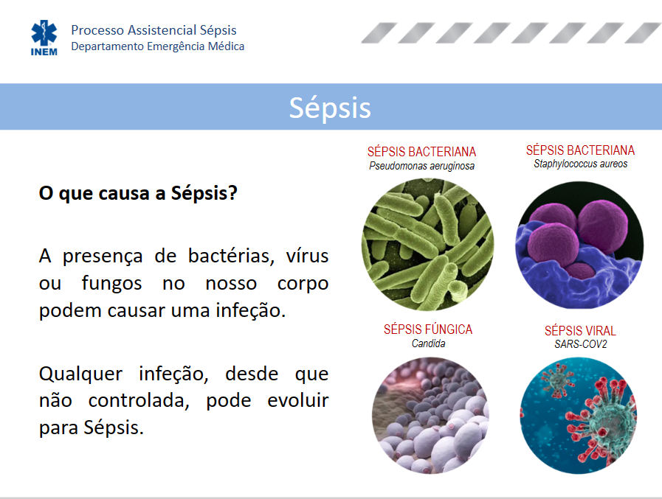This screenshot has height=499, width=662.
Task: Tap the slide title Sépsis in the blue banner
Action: pyautogui.click(x=330, y=108)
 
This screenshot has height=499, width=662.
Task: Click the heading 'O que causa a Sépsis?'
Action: pyautogui.click(x=138, y=194)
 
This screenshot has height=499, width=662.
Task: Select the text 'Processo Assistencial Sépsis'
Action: pyautogui.click(x=154, y=30)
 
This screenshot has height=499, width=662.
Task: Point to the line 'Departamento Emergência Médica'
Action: pyautogui.click(x=157, y=46)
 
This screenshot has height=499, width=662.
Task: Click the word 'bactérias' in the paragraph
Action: pyautogui.click(x=231, y=257)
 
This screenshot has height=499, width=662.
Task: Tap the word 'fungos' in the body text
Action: pyautogui.click(x=112, y=284)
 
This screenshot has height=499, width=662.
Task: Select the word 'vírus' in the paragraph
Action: pyautogui.click(x=307, y=257)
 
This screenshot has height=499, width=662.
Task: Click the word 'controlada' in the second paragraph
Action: pyautogui.click(x=139, y=401)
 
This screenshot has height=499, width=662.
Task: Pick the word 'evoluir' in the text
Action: pyautogui.click(x=298, y=401)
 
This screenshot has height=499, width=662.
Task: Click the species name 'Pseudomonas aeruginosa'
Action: pyautogui.click(x=421, y=166)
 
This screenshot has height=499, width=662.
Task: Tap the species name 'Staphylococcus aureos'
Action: pyautogui.click(x=581, y=164)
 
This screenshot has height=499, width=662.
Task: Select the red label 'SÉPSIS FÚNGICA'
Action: pyautogui.click(x=428, y=329)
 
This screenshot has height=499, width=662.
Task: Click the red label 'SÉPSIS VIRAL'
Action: pyautogui.click(x=580, y=331)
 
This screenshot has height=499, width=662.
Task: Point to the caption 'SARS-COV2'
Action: pyautogui.click(x=581, y=344)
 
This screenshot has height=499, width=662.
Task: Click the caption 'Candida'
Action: pyautogui.click(x=428, y=343)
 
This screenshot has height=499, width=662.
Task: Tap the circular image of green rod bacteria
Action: pyautogui.click(x=428, y=245)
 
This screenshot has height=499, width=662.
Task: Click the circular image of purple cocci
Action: pyautogui.click(x=579, y=245)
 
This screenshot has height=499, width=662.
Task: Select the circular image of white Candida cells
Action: pyautogui.click(x=430, y=416)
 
